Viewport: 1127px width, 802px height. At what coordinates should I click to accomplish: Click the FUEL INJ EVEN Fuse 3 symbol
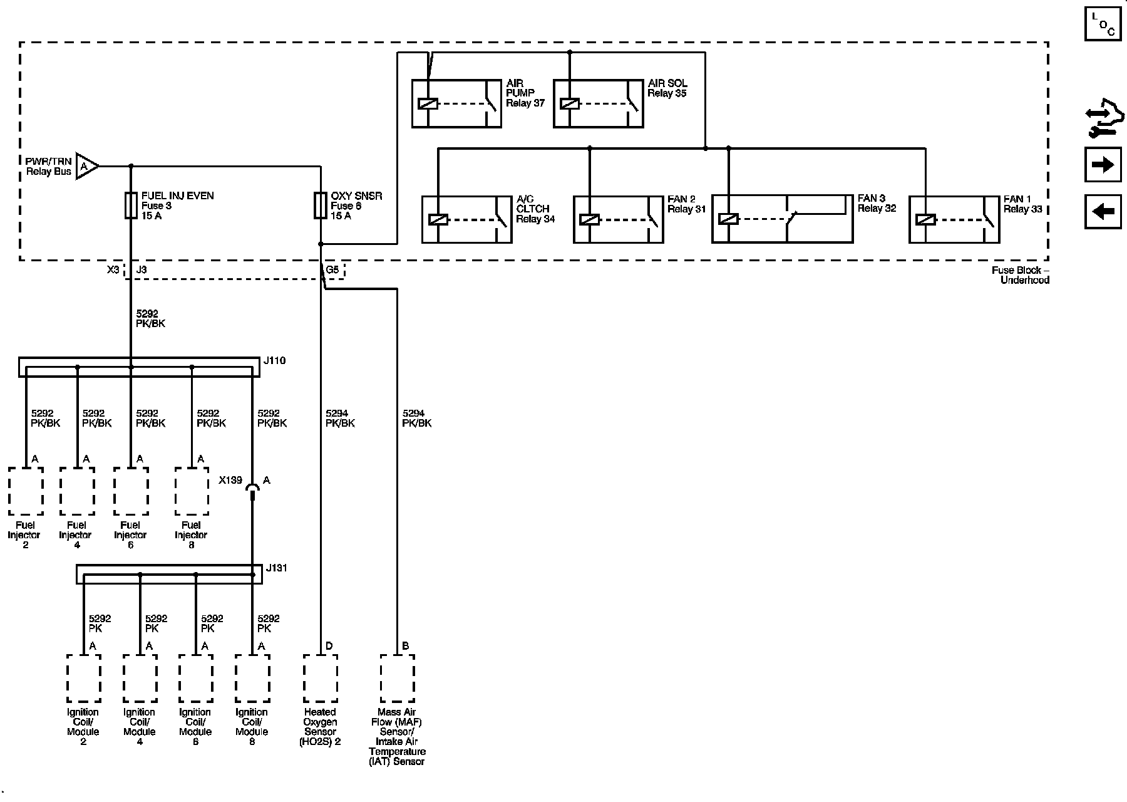coord(131,205)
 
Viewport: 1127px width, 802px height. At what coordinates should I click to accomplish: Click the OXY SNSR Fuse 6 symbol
coord(320,205)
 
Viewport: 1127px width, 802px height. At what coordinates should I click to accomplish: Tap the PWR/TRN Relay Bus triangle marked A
coord(86,166)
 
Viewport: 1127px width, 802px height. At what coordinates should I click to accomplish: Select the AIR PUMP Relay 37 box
coord(456,103)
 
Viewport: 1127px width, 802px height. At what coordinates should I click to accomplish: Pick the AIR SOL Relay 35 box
coord(599,103)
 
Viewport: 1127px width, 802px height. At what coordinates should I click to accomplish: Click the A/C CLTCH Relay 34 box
coord(466,219)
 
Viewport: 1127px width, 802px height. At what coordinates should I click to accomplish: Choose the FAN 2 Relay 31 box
coord(619,219)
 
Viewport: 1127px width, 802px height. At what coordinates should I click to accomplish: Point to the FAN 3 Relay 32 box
coord(782,219)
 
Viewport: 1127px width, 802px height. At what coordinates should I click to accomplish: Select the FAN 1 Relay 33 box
coord(954,219)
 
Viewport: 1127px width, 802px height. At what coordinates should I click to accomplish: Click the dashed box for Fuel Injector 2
coord(26,491)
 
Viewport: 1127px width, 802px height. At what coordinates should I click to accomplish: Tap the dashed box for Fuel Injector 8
coord(192,491)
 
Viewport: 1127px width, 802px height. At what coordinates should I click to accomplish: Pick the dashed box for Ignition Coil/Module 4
coord(140,679)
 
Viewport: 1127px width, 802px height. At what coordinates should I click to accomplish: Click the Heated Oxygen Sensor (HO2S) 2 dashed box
coord(320,679)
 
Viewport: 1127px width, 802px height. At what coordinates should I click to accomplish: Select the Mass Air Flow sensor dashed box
coord(397,679)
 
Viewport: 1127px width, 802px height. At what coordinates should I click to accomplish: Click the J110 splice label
coord(274,361)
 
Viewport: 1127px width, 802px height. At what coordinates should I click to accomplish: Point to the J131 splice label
coord(276,568)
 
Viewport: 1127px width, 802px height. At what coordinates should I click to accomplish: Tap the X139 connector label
coord(230,481)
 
